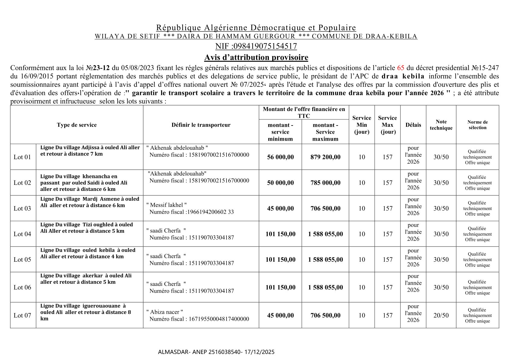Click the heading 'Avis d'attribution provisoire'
(x=256, y=57)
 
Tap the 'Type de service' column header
(x=77, y=125)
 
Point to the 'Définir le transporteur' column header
(x=201, y=125)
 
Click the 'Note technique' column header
(x=441, y=125)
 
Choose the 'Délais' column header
(x=413, y=125)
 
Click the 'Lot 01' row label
(x=22, y=157)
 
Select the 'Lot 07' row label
(x=22, y=315)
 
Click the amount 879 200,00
(x=325, y=157)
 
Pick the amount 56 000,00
(x=280, y=157)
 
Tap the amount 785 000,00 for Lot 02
(x=325, y=183)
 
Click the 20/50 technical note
(x=441, y=315)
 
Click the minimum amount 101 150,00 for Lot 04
(x=280, y=234)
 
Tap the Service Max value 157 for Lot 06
(x=387, y=287)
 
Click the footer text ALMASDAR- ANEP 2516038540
(x=200, y=352)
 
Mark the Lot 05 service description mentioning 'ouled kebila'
(x=88, y=253)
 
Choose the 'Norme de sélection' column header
(x=477, y=125)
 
